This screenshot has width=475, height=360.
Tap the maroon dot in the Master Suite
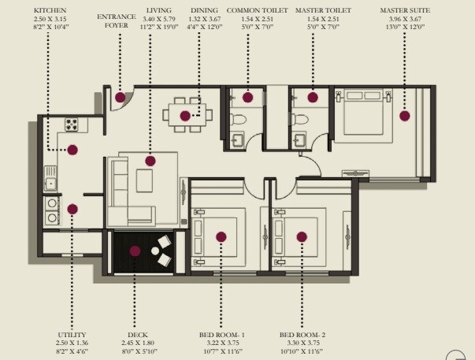(x=404, y=115)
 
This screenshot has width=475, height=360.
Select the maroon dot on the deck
(x=135, y=251)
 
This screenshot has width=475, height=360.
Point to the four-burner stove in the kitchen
(x=72, y=124)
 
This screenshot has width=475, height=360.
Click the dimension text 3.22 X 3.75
(x=221, y=343)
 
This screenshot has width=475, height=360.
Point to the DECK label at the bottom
(x=138, y=335)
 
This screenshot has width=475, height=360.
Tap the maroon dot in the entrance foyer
(x=120, y=98)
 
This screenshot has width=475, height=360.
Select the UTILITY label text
(x=72, y=335)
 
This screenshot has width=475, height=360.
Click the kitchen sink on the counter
(x=51, y=183)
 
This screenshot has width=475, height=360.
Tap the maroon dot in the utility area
(x=72, y=209)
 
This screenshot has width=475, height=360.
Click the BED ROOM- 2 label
(x=302, y=335)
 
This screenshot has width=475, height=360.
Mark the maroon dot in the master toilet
(x=313, y=98)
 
